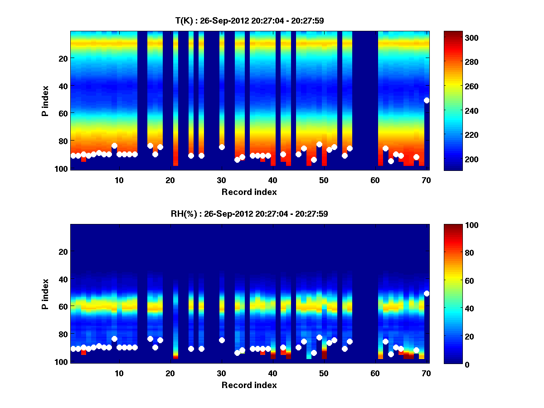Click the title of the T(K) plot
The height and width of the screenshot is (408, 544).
coord(249,20)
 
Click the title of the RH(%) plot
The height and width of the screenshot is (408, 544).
coord(249,214)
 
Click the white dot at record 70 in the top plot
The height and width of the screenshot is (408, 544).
coord(427,101)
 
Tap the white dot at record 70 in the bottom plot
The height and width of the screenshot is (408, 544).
coord(427,294)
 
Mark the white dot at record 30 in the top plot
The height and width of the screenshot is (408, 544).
coord(222,147)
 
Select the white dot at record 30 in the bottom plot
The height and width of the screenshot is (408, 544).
coord(222,340)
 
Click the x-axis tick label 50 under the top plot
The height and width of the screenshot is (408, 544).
coord(324,180)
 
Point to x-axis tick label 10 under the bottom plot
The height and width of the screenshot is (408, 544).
coord(119,373)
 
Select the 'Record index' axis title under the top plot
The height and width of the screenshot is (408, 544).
coord(249,192)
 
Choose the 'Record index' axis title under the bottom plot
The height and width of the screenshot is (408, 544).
coord(249,385)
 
